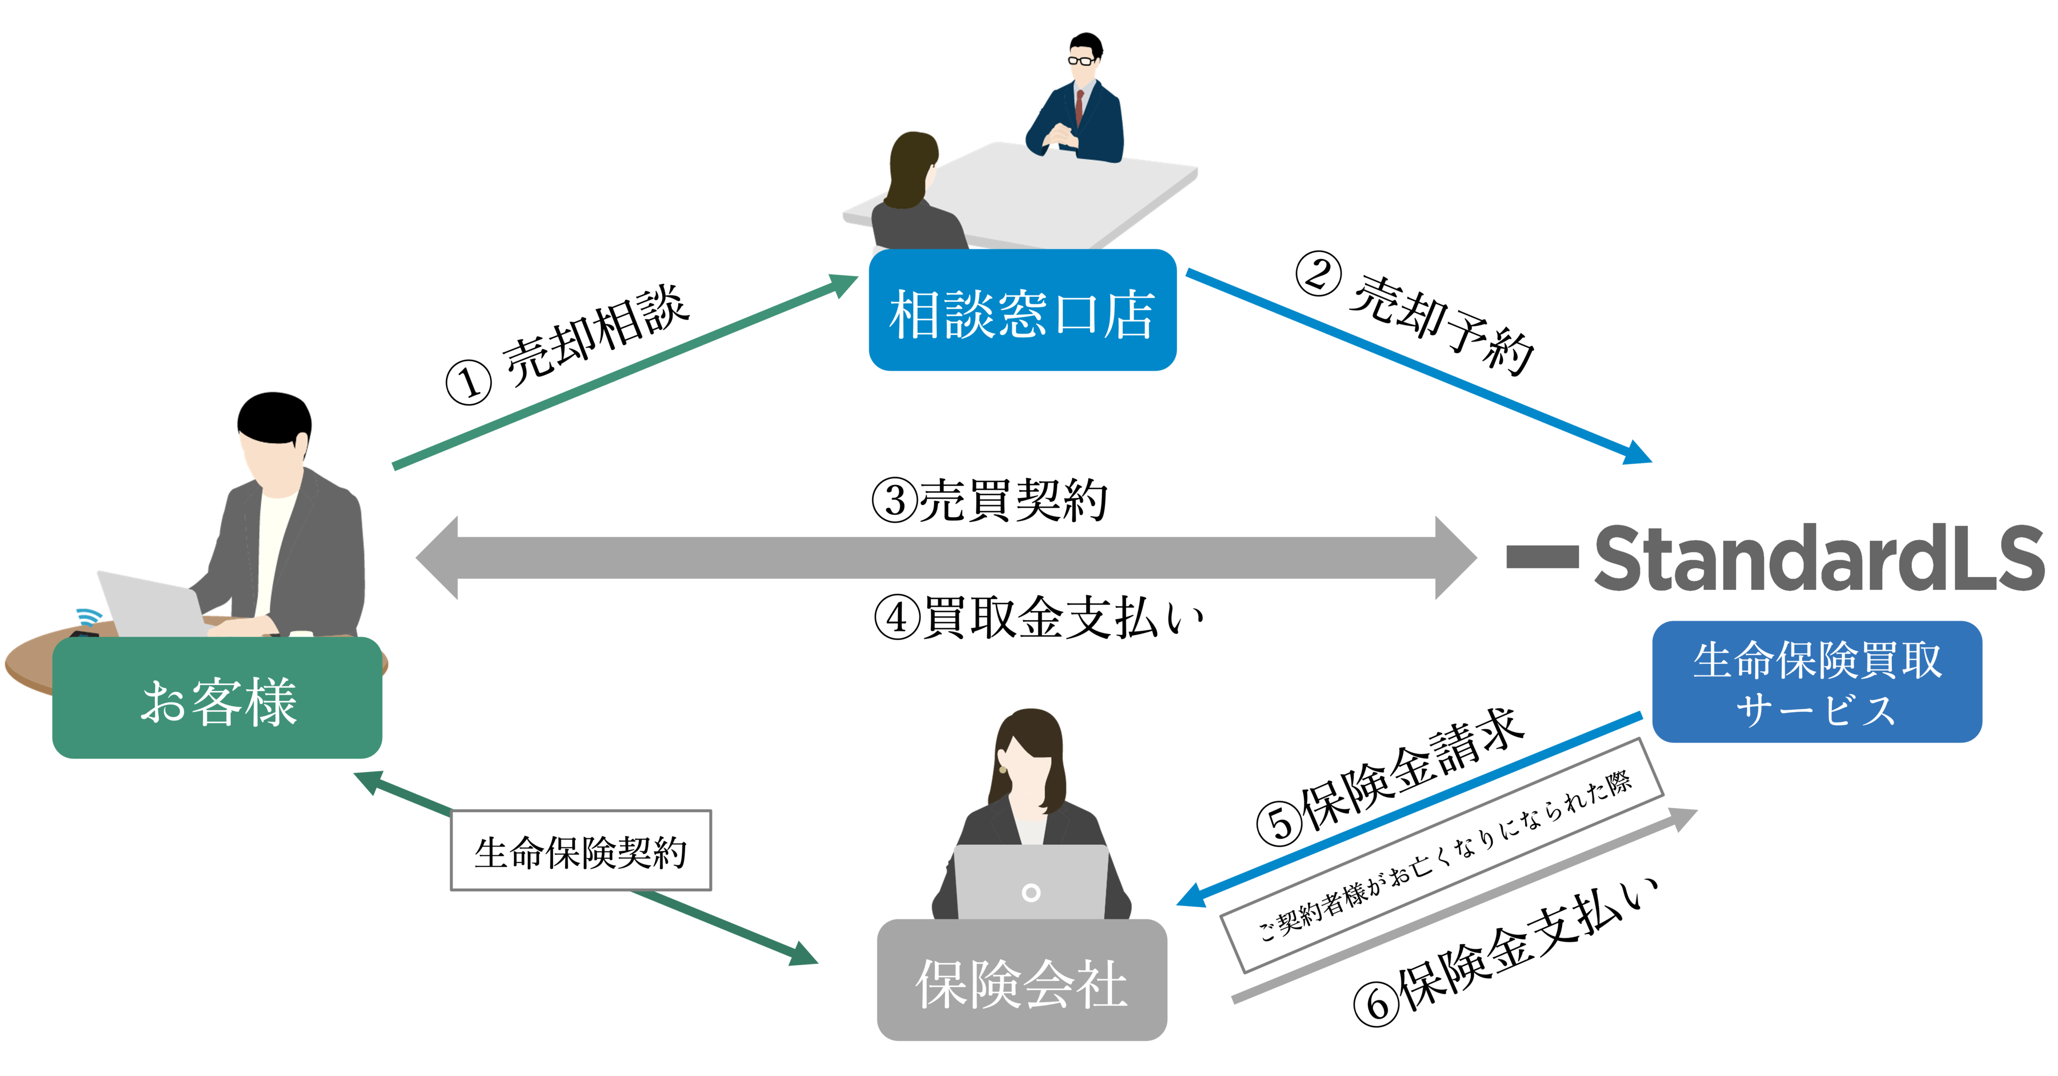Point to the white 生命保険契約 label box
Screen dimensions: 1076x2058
point(581,850)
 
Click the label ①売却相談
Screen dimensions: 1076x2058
point(567,344)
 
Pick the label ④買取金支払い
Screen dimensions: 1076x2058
point(1038,617)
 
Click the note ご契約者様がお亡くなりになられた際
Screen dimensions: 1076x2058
point(1443,855)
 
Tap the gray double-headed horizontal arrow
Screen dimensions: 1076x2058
point(946,558)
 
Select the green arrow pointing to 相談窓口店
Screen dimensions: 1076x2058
point(623,372)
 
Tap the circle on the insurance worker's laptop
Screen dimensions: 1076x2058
point(1031,892)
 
